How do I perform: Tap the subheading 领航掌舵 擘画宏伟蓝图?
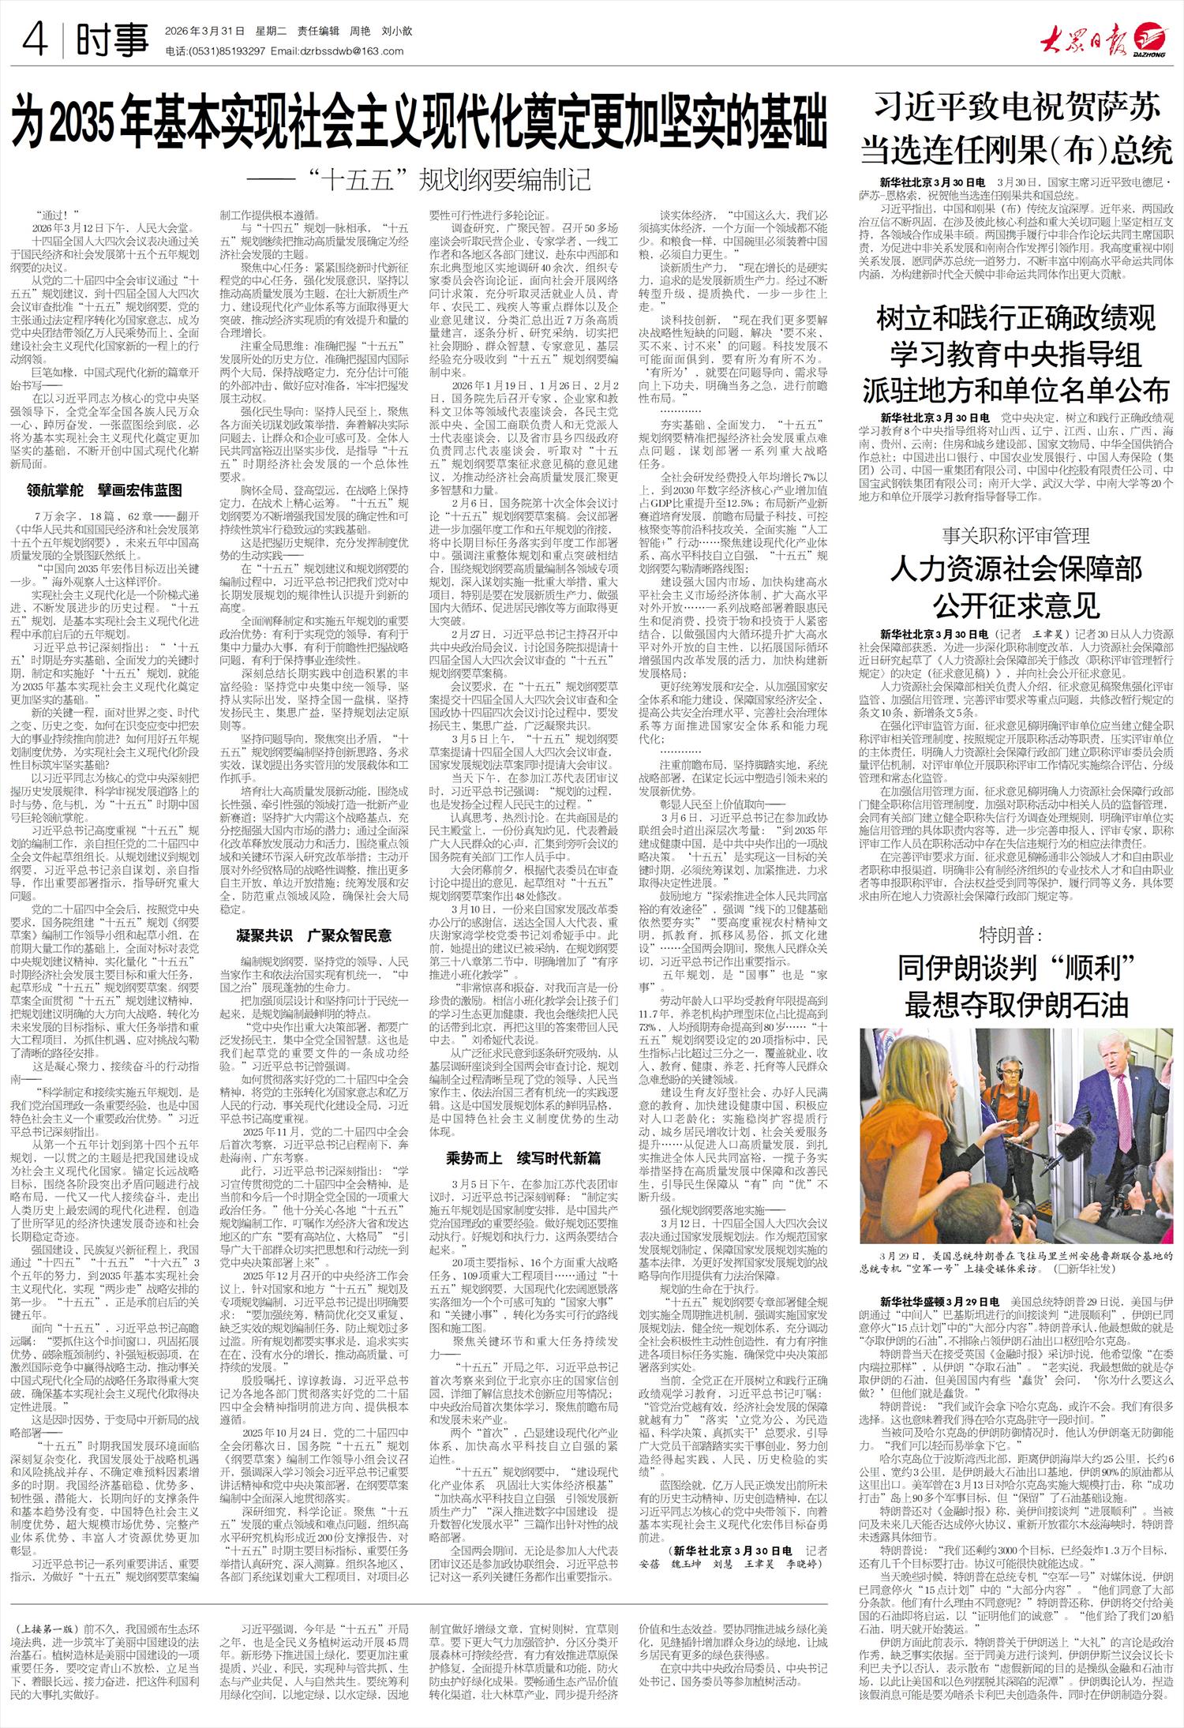coord(104,490)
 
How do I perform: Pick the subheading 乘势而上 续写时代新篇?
coord(523,1158)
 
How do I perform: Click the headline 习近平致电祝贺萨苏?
coord(1018,108)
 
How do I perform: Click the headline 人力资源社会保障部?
coord(1017,568)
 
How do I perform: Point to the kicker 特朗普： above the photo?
coord(1017,935)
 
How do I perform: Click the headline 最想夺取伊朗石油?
coord(1017,1006)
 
